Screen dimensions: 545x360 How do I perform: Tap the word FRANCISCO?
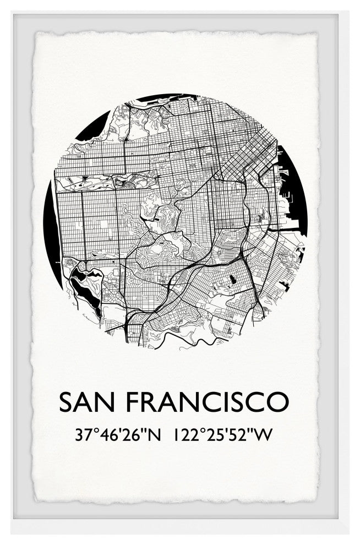point(207,402)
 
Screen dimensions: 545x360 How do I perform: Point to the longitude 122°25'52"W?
point(222,435)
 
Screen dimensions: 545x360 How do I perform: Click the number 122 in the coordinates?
point(184,435)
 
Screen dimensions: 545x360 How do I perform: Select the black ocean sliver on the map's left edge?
point(50,231)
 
